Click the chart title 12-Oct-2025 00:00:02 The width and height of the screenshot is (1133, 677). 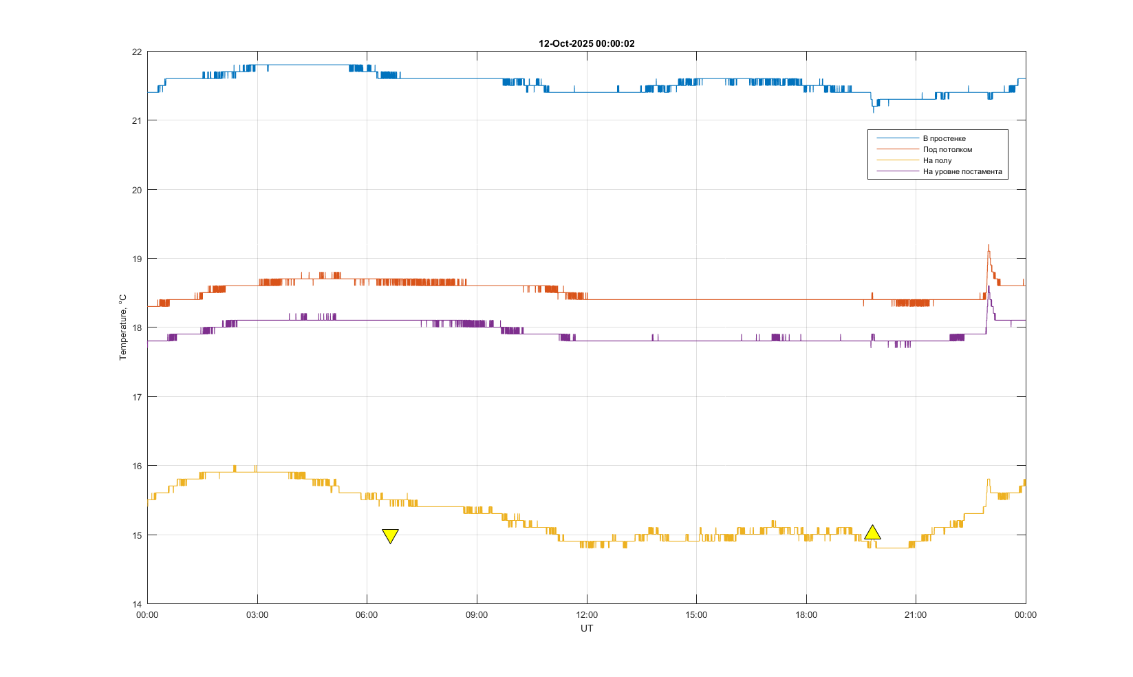click(586, 43)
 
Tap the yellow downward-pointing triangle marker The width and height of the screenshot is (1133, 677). click(390, 535)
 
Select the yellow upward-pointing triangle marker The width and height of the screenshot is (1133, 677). click(872, 533)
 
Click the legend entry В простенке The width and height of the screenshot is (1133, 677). click(944, 138)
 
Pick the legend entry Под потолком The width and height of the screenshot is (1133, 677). click(947, 149)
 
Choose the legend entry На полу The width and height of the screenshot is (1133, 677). click(937, 160)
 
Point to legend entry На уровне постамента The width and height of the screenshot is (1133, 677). click(962, 171)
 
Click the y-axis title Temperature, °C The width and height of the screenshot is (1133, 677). click(123, 327)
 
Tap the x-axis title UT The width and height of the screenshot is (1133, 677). click(586, 628)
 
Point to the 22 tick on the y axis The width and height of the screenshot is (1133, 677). click(137, 52)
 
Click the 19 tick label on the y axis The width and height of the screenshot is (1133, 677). click(137, 259)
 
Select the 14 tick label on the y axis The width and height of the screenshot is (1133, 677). click(137, 604)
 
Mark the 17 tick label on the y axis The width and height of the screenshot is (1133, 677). click(137, 397)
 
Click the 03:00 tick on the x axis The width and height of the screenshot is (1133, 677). click(257, 615)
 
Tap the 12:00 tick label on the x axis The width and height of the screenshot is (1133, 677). click(586, 615)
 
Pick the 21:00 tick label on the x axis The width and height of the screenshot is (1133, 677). click(916, 615)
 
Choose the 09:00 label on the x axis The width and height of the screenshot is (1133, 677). click(477, 615)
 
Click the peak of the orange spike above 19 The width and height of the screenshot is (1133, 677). click(989, 245)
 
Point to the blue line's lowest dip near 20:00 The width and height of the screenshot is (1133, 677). click(874, 111)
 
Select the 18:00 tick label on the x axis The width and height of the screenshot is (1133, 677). click(806, 615)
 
